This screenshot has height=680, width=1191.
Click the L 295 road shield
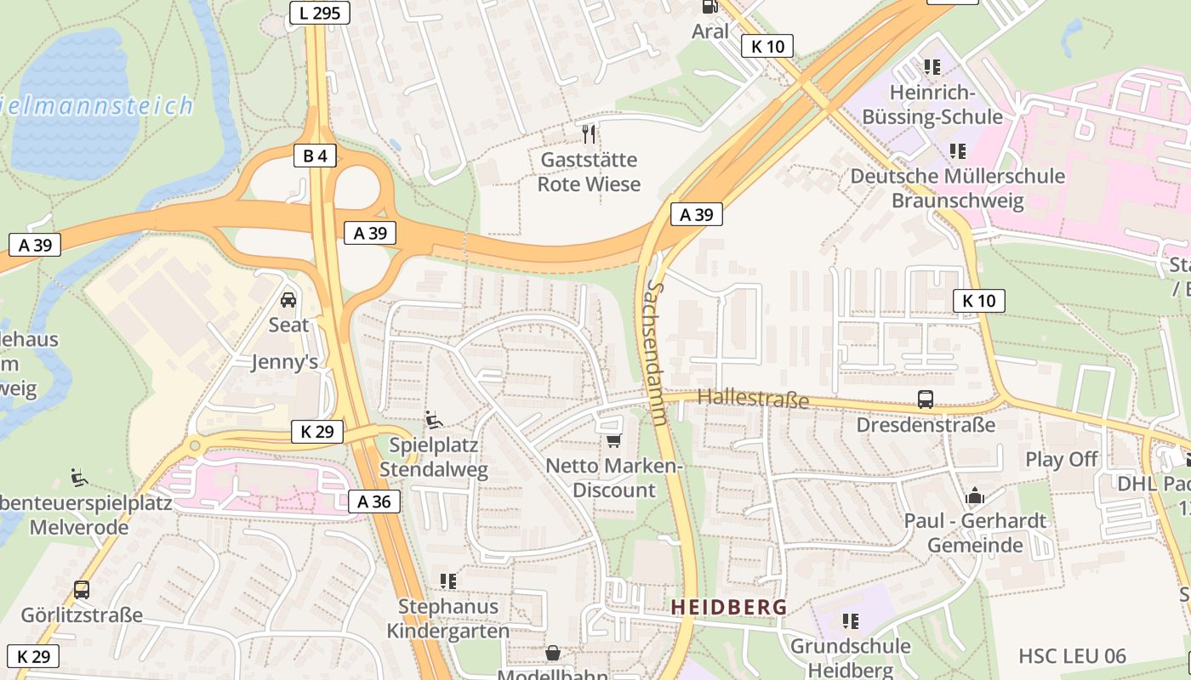click(x=319, y=13)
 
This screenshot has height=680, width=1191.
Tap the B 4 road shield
click(x=315, y=156)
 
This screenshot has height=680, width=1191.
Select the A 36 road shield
click(x=374, y=501)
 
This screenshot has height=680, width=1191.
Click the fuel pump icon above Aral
click(x=709, y=6)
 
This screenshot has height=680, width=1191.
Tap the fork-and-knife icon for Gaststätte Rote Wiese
click(x=589, y=133)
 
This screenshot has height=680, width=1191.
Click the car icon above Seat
click(x=288, y=300)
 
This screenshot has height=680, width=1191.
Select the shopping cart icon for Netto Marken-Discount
click(x=613, y=440)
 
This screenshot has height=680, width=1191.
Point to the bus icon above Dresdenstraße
click(x=925, y=399)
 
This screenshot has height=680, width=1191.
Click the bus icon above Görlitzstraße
click(x=82, y=589)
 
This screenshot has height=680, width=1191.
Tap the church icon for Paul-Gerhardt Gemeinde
click(x=974, y=496)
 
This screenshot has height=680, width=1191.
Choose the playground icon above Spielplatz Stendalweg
click(x=433, y=420)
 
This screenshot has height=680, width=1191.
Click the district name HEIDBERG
click(x=729, y=607)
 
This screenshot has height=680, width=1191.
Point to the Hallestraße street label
click(x=753, y=398)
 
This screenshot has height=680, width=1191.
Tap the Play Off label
click(x=1061, y=459)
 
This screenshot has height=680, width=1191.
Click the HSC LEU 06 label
click(x=1072, y=656)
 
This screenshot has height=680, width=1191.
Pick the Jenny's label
click(x=284, y=362)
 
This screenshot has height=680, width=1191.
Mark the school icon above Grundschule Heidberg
click(x=850, y=621)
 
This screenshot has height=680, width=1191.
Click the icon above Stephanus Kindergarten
click(x=448, y=581)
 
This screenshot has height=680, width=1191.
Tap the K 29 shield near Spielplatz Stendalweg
click(x=316, y=432)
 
